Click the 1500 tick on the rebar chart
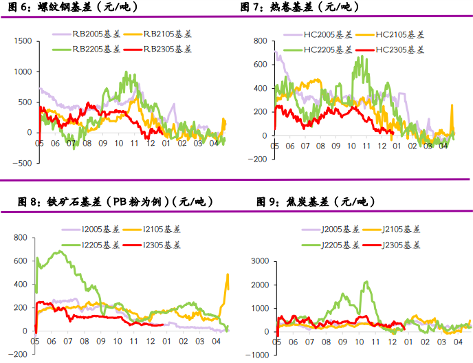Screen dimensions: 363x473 pyautogui.click(x=23, y=41)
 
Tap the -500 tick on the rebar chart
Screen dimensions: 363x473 pyautogui.click(x=23, y=163)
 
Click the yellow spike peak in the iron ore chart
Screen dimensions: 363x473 pyautogui.click(x=228, y=275)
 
